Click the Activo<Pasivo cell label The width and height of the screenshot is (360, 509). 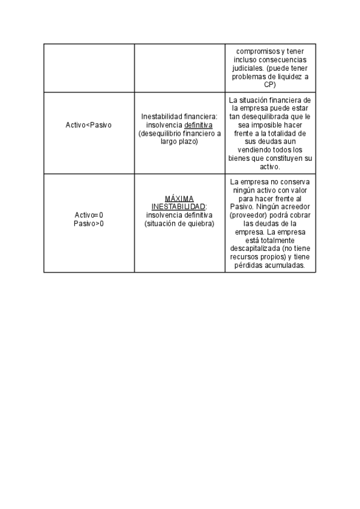(x=88, y=125)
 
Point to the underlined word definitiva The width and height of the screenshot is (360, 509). (x=199, y=125)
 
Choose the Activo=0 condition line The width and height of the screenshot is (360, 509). (x=89, y=215)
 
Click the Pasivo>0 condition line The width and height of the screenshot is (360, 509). (x=89, y=223)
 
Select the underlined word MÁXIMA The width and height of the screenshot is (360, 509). (x=179, y=198)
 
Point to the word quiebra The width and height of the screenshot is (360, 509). (x=200, y=223)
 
